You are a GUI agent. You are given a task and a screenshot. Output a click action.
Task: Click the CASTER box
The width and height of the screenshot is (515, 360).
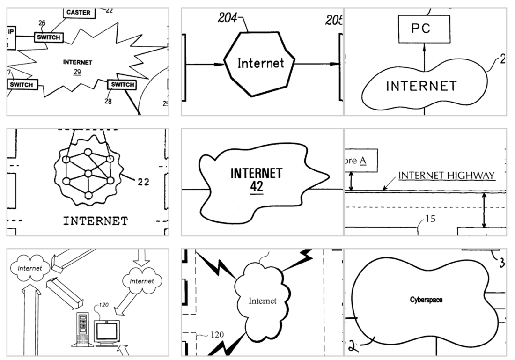pos(79,13)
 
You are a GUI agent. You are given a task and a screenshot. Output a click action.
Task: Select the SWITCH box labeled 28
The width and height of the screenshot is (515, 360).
pos(121,85)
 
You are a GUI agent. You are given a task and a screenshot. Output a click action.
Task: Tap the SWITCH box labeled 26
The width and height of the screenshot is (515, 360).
pos(49,37)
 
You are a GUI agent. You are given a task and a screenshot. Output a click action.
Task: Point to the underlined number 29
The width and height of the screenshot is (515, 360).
pos(77,72)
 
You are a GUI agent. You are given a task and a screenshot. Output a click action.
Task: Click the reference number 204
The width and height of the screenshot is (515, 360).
pos(227,18)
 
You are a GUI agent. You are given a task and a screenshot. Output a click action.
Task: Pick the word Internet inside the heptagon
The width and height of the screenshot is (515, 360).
pos(260,63)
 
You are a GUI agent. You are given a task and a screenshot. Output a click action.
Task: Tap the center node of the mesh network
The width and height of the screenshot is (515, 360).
pos(88,174)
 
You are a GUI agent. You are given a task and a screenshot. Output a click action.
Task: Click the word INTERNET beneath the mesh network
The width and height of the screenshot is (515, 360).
pos(95,220)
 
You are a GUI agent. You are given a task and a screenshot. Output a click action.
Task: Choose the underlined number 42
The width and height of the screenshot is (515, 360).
pos(256,187)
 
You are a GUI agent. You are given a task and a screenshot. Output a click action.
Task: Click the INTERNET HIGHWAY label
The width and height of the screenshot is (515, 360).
pos(446,176)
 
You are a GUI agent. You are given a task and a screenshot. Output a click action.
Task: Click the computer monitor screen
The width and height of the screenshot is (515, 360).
pos(106,332)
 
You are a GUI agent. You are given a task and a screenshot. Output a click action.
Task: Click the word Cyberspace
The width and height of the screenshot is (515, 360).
pos(426,300)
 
